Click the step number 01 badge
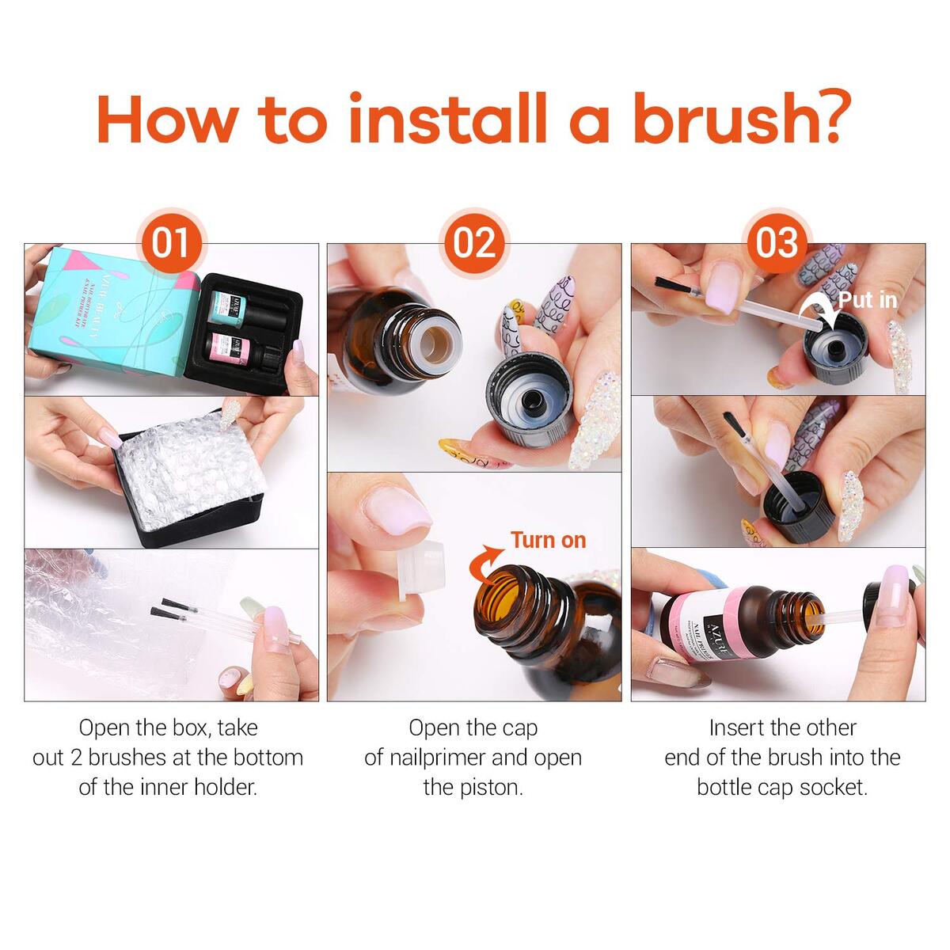coord(170,242)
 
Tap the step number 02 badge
coord(474,242)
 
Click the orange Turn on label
coord(548,540)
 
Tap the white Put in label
coord(868,300)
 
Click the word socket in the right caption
coord(832,787)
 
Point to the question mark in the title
coord(830,119)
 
